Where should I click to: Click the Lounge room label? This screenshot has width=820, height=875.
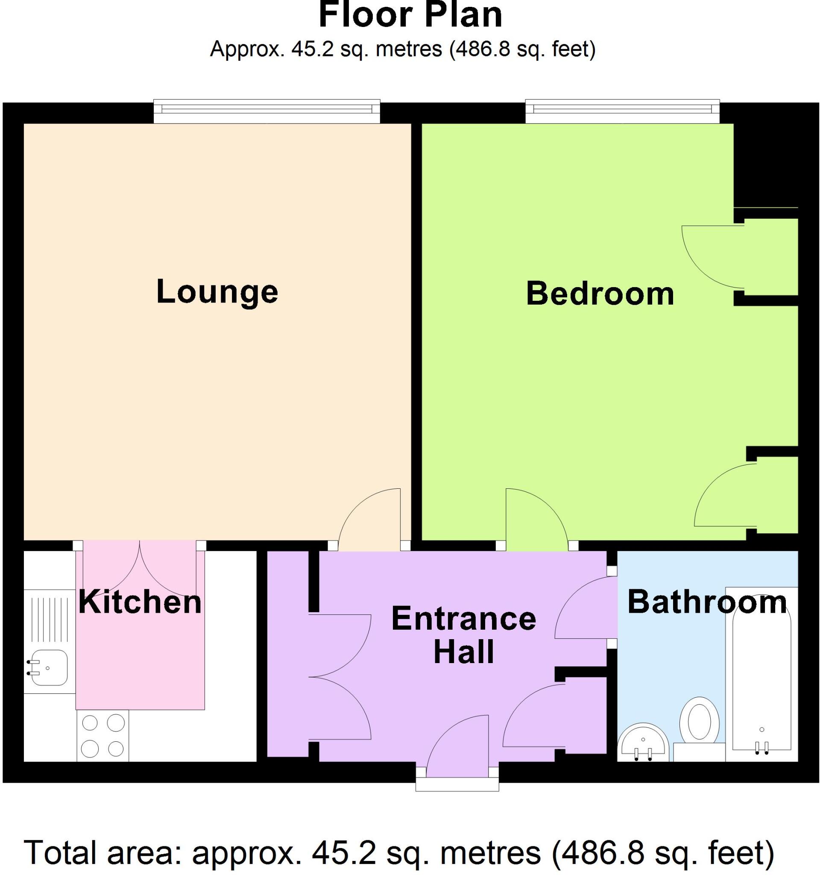pos(217,292)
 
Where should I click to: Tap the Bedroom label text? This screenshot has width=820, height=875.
pos(600,294)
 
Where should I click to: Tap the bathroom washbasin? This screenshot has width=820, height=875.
pos(643,743)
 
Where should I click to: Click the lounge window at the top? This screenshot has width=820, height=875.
pos(266,111)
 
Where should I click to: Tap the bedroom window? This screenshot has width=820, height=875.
pos(623,111)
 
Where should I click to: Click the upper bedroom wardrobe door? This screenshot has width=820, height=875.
pos(713,258)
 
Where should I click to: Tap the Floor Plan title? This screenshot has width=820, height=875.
pos(410,15)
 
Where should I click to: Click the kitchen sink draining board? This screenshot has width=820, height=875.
pos(49,618)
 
